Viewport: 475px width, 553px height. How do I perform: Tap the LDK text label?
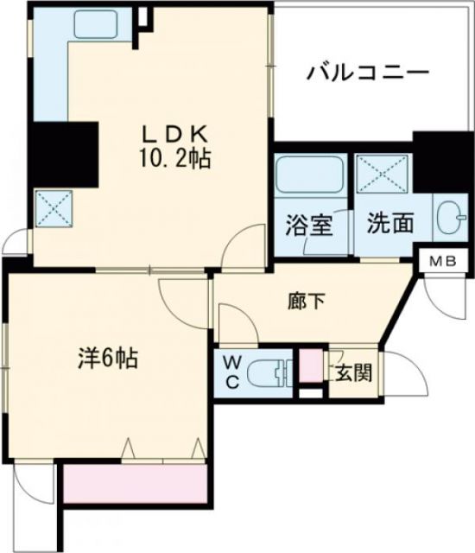pos(178,135)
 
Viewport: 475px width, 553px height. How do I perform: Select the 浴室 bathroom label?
pos(309,223)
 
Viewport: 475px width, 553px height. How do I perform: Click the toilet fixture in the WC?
pos(270,374)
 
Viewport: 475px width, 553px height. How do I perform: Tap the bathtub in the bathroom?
pos(311,176)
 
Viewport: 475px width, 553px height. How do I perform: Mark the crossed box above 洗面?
pos(383,175)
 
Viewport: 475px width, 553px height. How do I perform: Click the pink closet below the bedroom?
pos(135,485)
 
